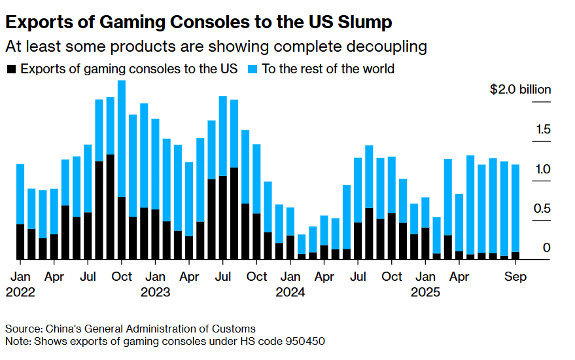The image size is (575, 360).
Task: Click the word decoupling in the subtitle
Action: (x=389, y=46)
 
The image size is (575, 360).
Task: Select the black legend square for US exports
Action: (x=11, y=68)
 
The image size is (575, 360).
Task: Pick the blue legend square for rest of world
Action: (x=253, y=68)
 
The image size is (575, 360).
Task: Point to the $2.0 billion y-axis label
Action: (x=520, y=90)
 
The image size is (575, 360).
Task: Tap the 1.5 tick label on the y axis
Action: (x=542, y=130)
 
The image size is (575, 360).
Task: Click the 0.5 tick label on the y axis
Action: (x=542, y=209)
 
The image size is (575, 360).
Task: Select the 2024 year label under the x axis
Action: (x=290, y=292)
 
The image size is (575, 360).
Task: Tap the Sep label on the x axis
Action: (x=515, y=277)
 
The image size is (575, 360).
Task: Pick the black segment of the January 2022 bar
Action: (x=20, y=242)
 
